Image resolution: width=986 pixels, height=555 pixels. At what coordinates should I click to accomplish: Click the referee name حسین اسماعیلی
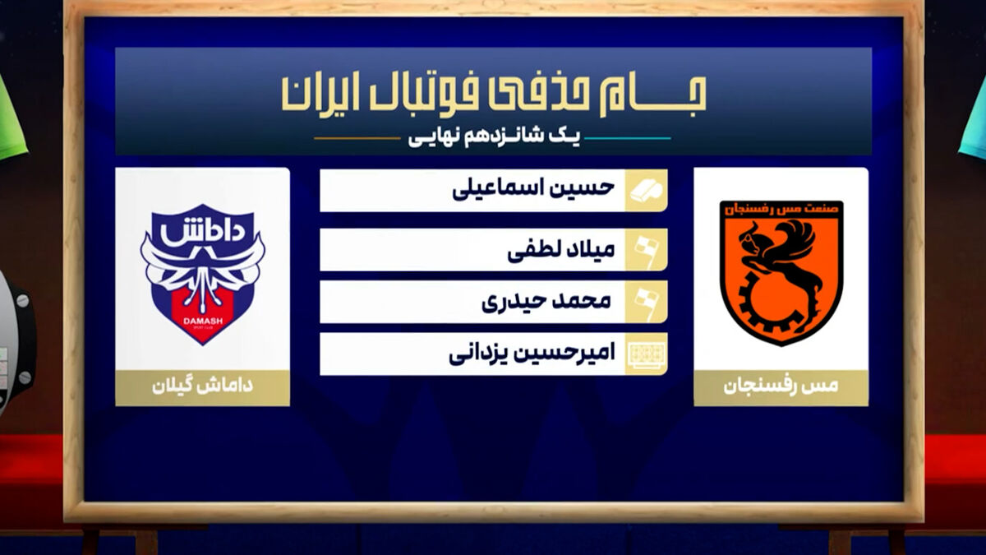point(533,189)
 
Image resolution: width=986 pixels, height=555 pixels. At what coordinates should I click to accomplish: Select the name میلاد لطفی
point(561,250)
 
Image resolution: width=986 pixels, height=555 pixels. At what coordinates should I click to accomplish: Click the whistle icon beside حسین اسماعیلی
point(646,191)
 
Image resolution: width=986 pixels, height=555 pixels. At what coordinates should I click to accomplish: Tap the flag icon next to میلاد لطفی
point(647,250)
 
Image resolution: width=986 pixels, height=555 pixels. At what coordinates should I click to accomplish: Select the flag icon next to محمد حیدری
point(647,303)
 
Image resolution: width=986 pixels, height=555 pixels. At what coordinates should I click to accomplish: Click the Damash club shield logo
point(202,275)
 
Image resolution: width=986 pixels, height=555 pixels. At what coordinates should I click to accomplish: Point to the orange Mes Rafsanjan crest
point(781,273)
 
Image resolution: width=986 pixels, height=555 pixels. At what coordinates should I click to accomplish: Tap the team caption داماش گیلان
point(202,386)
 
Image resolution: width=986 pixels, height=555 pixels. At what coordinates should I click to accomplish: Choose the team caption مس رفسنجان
point(781,386)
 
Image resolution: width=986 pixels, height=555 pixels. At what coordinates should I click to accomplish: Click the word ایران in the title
point(318,95)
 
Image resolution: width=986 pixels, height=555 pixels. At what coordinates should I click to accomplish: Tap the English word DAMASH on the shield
point(203,321)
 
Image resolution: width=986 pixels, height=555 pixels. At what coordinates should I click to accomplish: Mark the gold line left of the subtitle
point(357,138)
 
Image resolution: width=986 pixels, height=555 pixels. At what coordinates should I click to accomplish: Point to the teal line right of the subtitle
point(628,138)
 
